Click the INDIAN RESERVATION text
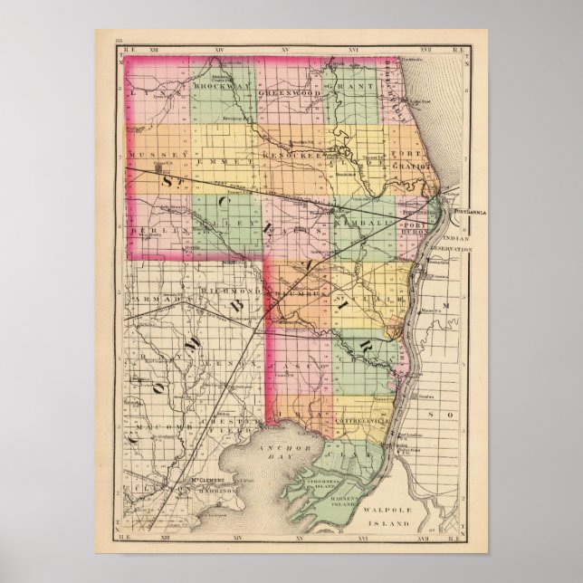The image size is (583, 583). pos(468,243)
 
